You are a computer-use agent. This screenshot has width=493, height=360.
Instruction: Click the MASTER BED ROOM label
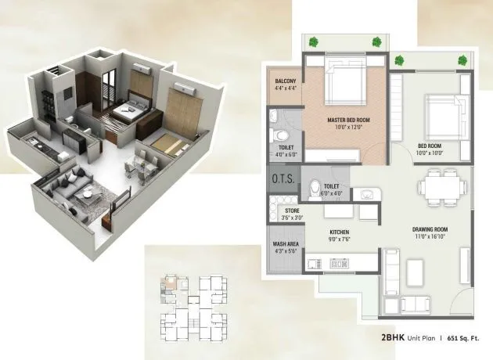click(x=348, y=120)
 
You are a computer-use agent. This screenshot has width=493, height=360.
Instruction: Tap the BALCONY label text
click(x=284, y=81)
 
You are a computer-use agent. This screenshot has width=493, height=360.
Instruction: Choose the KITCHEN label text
click(x=338, y=232)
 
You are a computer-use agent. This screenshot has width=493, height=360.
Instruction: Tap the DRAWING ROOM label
click(x=429, y=229)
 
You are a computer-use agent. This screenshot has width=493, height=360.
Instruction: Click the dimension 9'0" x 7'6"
click(x=338, y=241)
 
